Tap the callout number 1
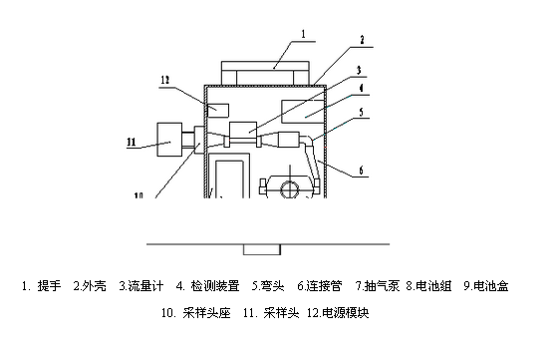click(305, 34)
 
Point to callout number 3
click(362, 72)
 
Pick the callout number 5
click(362, 113)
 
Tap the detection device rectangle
click(304, 110)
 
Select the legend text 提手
click(50, 286)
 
